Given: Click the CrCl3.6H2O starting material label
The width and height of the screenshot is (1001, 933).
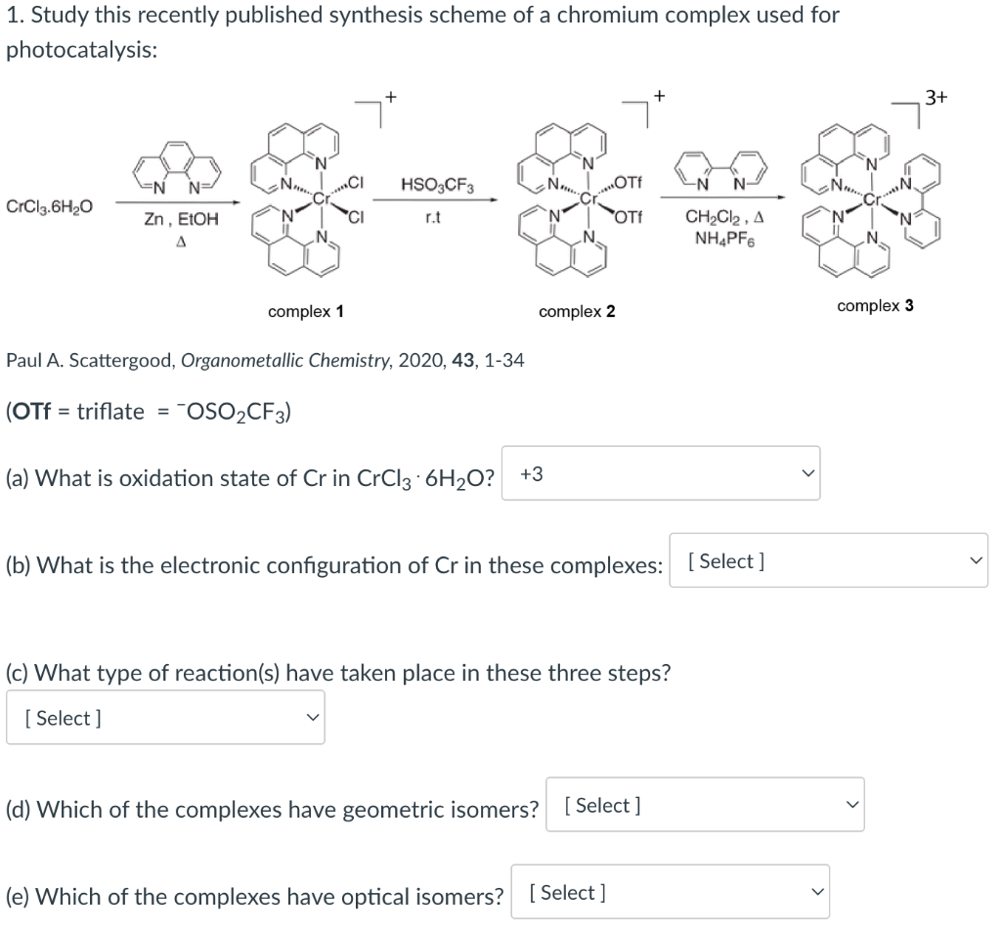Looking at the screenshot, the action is point(50,207).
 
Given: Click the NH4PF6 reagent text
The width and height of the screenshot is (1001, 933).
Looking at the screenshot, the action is point(718,237).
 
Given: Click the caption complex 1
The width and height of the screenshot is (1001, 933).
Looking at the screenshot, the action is point(305,312).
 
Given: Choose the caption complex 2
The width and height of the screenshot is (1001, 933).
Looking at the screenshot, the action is point(577,312).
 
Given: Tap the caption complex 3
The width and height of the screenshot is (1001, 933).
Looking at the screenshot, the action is point(875,306).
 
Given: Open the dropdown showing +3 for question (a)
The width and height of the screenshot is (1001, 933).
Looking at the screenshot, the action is point(661,473).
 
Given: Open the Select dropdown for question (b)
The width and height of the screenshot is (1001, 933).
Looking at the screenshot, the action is point(828,560).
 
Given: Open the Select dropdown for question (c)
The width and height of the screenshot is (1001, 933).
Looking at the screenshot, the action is point(165,718).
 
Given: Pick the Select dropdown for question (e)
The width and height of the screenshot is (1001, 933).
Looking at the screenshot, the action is point(669,892).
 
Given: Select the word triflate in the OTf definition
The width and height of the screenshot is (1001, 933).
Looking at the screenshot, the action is point(108,412).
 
